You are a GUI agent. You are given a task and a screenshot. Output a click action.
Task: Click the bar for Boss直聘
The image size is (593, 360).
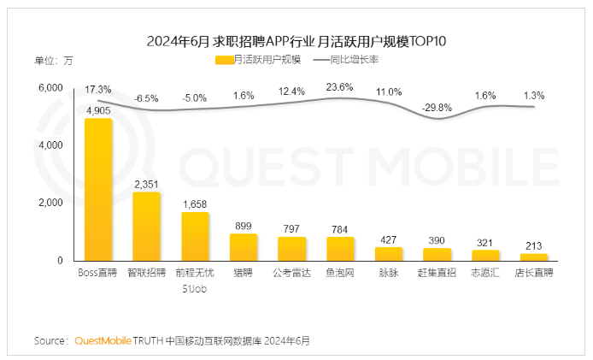(98, 189)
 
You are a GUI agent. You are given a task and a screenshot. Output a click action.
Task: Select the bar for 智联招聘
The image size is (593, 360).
(147, 226)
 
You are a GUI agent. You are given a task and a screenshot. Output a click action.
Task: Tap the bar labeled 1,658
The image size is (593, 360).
(195, 236)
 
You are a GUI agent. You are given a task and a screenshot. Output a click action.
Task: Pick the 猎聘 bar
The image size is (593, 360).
(244, 247)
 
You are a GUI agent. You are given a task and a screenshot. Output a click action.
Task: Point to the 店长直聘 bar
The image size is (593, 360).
(534, 257)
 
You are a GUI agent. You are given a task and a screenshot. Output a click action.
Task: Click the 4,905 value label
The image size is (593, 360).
(98, 110)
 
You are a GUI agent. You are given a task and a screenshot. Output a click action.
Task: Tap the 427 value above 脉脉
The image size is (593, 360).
(389, 239)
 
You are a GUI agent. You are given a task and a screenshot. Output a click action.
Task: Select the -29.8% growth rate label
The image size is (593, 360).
(437, 107)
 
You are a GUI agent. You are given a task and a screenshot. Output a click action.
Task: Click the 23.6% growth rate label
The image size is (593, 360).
(340, 86)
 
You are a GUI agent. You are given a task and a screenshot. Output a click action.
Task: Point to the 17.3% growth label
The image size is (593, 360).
(98, 89)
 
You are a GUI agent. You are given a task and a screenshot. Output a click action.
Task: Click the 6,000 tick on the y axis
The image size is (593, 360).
(50, 88)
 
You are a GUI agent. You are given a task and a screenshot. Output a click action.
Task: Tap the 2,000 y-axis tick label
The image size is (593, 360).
(50, 203)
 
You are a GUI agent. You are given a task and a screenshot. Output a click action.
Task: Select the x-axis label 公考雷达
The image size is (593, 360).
(291, 274)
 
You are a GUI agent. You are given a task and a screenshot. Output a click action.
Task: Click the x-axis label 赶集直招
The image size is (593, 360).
(437, 274)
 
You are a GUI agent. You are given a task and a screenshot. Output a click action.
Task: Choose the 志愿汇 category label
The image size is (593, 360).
(485, 274)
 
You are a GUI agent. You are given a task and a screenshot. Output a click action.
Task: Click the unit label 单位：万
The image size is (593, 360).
(54, 60)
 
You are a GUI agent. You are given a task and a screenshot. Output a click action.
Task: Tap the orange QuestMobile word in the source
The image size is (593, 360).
(103, 340)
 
